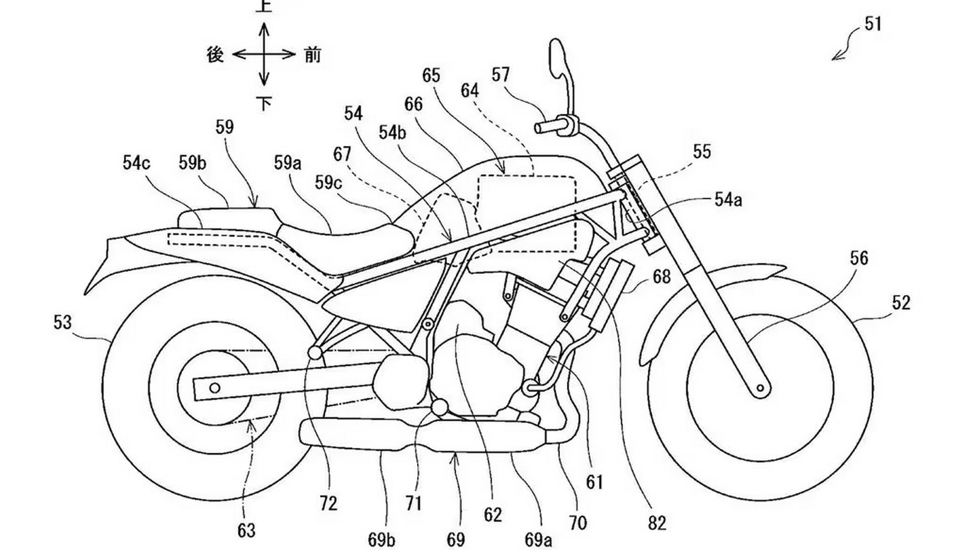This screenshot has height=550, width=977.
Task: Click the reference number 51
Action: [x=873, y=25]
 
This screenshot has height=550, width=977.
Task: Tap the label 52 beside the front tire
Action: [x=901, y=303]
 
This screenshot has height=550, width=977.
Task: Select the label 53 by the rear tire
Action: [x=62, y=322]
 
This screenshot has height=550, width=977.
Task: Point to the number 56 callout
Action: [x=859, y=258]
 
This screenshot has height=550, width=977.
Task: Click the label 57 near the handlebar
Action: [x=500, y=75]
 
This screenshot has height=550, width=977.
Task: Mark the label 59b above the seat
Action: [x=192, y=163]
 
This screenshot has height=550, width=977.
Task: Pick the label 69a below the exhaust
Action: [x=538, y=540]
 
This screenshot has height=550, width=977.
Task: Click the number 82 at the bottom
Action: [x=657, y=523]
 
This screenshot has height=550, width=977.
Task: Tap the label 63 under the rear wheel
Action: [x=246, y=530]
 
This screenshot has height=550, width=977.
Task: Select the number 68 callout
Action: [x=661, y=277]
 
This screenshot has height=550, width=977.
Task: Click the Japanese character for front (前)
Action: [x=312, y=55]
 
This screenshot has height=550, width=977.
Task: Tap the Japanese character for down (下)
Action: [x=264, y=104]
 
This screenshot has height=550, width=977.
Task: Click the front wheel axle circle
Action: [x=760, y=387]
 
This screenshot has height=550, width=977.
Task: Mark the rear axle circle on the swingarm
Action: [x=214, y=387]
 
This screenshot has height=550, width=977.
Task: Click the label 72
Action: [x=328, y=504]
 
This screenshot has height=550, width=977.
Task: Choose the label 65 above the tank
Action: [x=431, y=76]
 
